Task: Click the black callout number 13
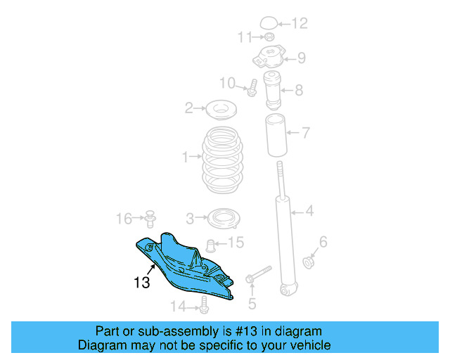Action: pos(142,283)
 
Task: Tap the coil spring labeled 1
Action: pos(222,160)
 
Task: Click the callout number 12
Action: pos(300,23)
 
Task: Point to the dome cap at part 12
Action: pos(269,23)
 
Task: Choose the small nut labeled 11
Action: pos(269,37)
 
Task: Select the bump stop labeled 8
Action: pos(272,90)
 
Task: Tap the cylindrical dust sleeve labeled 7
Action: pos(276,135)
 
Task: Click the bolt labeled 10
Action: pos(252,88)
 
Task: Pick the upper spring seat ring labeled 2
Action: pos(221,110)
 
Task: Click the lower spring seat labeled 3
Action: pos(224,219)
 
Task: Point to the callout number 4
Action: pos(309,211)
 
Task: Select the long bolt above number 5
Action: pos(259,274)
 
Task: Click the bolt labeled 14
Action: pos(204,305)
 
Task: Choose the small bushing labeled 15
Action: pos(211,245)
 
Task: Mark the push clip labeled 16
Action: pos(150,219)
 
